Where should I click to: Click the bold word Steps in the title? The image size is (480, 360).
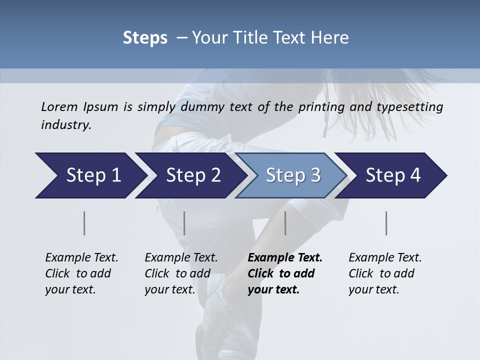click(145, 38)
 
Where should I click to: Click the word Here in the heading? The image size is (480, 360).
click(330, 37)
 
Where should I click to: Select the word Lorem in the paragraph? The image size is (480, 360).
click(59, 106)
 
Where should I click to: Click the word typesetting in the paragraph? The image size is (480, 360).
click(414, 106)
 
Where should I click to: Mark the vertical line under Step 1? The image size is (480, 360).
click(84, 223)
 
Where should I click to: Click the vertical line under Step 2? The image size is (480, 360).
click(184, 223)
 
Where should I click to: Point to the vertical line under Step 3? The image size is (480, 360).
click(285, 223)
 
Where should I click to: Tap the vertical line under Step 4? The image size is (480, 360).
click(386, 223)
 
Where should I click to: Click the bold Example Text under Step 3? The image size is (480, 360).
click(285, 257)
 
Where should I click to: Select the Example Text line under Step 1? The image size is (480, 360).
click(81, 257)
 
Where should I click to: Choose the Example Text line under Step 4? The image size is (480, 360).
click(385, 257)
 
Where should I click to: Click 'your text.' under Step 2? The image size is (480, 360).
click(170, 289)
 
